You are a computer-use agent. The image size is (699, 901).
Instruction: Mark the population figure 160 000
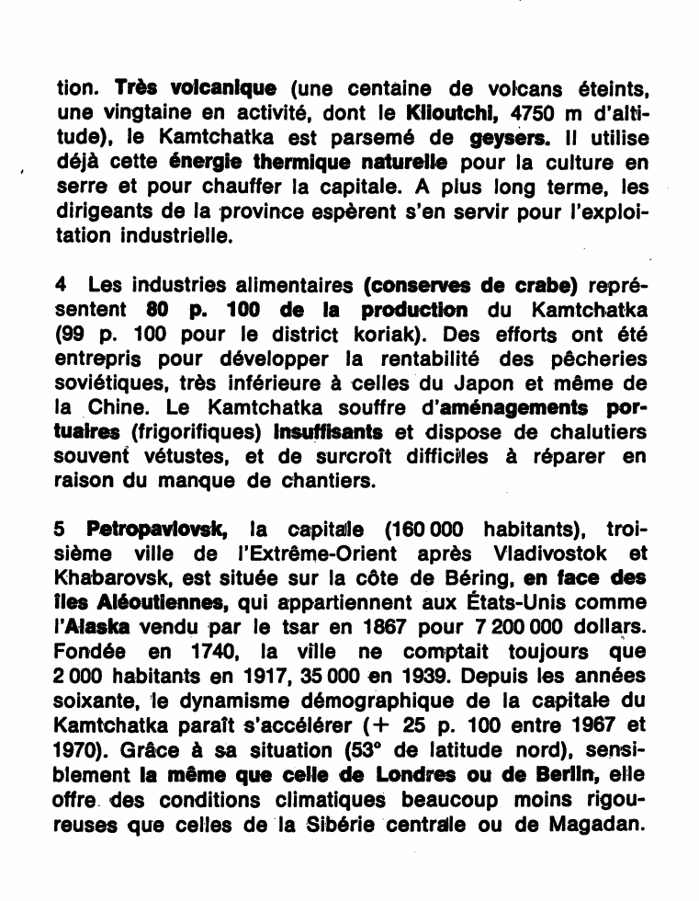tap(427, 530)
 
